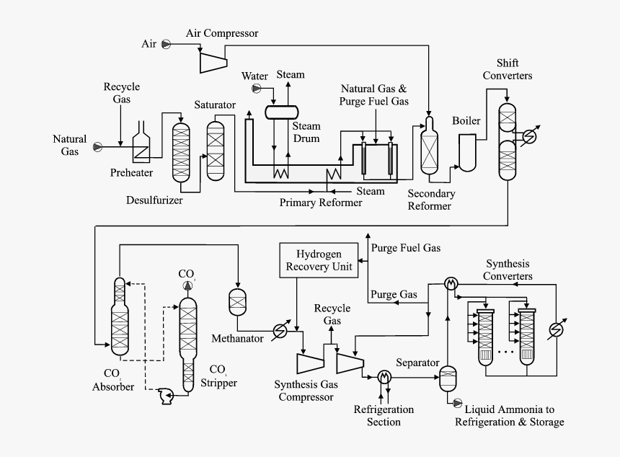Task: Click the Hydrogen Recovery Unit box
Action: pyautogui.click(x=319, y=260)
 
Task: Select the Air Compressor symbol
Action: pyautogui.click(x=212, y=61)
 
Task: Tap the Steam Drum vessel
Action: pyautogui.click(x=282, y=112)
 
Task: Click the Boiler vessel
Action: pyautogui.click(x=468, y=154)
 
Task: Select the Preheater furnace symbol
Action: pyautogui.click(x=142, y=143)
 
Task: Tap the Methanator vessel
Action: pyautogui.click(x=237, y=301)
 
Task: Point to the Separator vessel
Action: pyautogui.click(x=448, y=377)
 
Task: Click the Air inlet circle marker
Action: pyautogui.click(x=166, y=44)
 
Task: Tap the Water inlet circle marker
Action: pyautogui.click(x=255, y=89)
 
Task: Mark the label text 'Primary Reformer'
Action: pyautogui.click(x=321, y=203)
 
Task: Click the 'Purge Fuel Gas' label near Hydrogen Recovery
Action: pyautogui.click(x=405, y=248)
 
